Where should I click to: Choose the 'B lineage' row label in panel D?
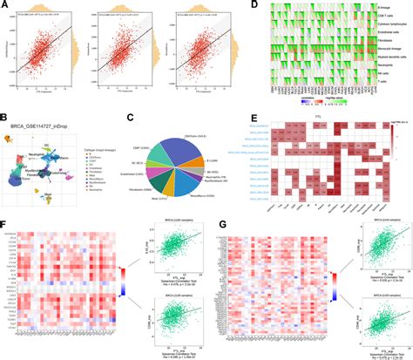tap(382, 9)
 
